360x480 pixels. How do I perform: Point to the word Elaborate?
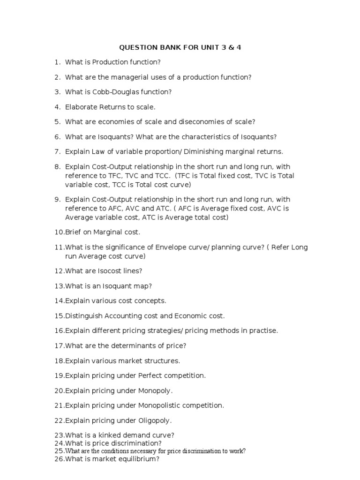pos(82,107)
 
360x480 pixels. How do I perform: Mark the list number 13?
pos(59,286)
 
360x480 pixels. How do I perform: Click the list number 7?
pos(58,152)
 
